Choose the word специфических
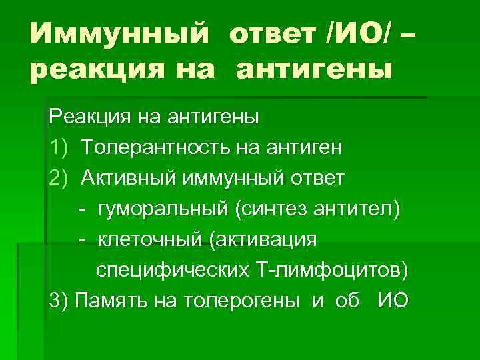[170, 271]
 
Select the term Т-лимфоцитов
[327, 271]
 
